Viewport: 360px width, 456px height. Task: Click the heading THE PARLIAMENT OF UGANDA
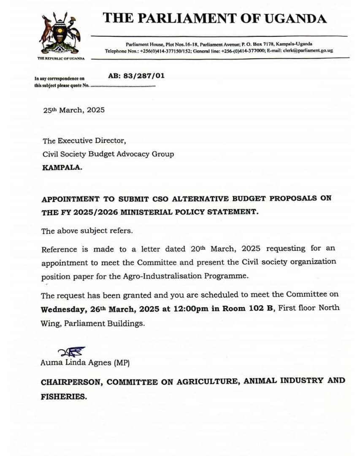tap(215, 18)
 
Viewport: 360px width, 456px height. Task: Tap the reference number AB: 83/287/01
tap(136, 76)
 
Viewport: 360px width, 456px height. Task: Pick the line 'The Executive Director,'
tap(84, 141)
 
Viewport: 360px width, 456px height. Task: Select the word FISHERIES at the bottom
tap(64, 396)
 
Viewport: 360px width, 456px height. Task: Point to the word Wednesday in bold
tap(63, 309)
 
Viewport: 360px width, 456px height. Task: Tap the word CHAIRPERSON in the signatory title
tap(71, 382)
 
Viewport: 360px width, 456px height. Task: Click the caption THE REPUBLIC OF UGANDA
tap(61, 58)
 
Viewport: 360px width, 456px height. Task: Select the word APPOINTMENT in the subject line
tap(70, 199)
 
